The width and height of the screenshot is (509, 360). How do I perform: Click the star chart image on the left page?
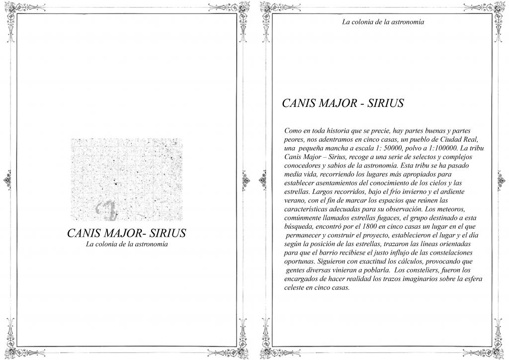[126, 180]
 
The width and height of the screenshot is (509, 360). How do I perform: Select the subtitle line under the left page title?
[126, 244]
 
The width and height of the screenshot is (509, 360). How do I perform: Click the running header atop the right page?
[383, 22]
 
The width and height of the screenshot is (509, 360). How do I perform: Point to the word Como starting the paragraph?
[293, 131]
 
